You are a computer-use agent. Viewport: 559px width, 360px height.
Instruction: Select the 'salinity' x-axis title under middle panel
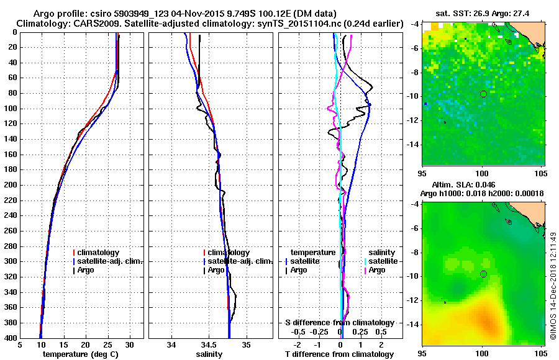209,354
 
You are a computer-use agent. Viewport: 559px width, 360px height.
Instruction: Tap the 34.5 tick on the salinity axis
209,345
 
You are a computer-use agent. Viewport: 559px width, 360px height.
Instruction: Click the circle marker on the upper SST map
483,94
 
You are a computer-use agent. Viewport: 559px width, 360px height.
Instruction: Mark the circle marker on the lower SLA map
483,274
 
